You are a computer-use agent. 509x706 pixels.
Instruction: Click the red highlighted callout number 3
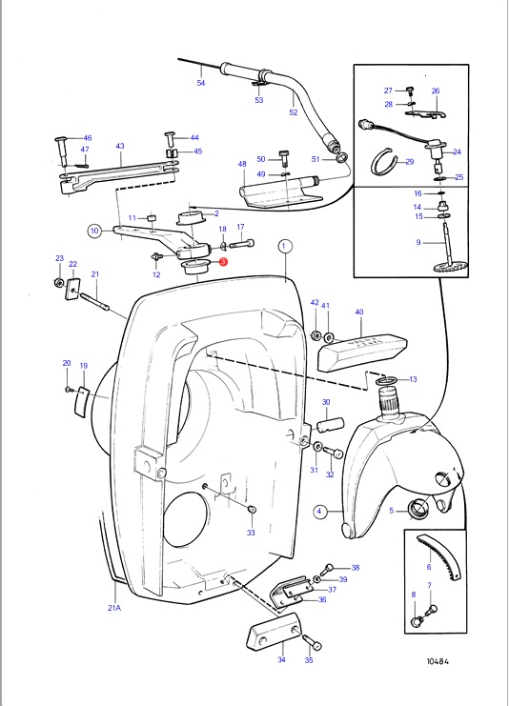tap(223, 262)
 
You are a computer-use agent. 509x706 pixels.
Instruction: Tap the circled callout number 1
tap(284, 246)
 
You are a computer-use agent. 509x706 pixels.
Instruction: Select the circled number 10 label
tap(94, 231)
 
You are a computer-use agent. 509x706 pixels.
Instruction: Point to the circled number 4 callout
tap(319, 511)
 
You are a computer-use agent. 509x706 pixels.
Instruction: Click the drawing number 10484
tap(438, 661)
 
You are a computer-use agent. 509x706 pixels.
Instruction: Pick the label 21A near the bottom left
tap(114, 608)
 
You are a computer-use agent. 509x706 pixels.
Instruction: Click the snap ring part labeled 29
tap(384, 162)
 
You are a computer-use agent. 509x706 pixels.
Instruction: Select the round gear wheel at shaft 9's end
tap(446, 267)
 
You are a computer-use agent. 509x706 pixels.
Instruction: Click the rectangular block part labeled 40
tap(361, 353)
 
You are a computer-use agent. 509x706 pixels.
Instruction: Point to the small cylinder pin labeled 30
tap(332, 426)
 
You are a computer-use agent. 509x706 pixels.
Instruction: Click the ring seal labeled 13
tap(386, 382)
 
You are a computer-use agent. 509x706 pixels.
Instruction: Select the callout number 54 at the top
tap(201, 83)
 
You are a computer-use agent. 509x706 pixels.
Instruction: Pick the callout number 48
tap(242, 164)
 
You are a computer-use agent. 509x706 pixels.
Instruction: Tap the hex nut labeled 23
tap(58, 283)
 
